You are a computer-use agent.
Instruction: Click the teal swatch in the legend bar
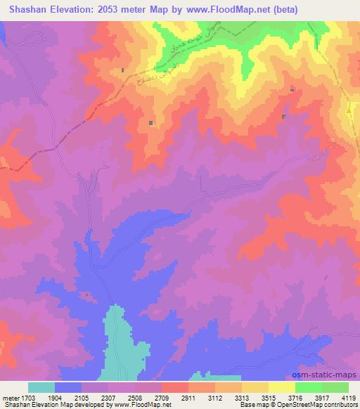click(x=41, y=387)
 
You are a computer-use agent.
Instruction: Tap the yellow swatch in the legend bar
click(x=281, y=387)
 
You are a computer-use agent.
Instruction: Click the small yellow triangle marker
click(x=349, y=111)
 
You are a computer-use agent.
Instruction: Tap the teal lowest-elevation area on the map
click(x=122, y=344)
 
